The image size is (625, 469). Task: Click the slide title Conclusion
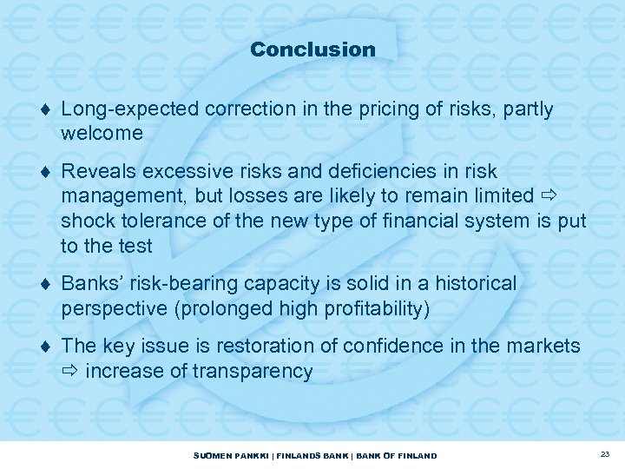coord(312,50)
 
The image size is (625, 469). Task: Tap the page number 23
coord(605,455)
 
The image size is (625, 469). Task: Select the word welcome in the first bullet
coord(102,134)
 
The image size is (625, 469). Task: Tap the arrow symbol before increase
coord(70,372)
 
